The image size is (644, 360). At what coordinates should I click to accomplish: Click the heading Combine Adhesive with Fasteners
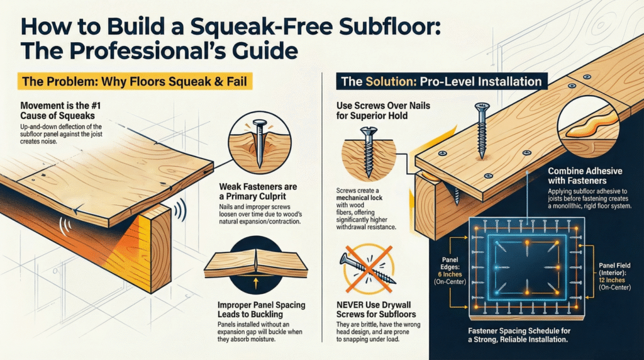tap(584, 176)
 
